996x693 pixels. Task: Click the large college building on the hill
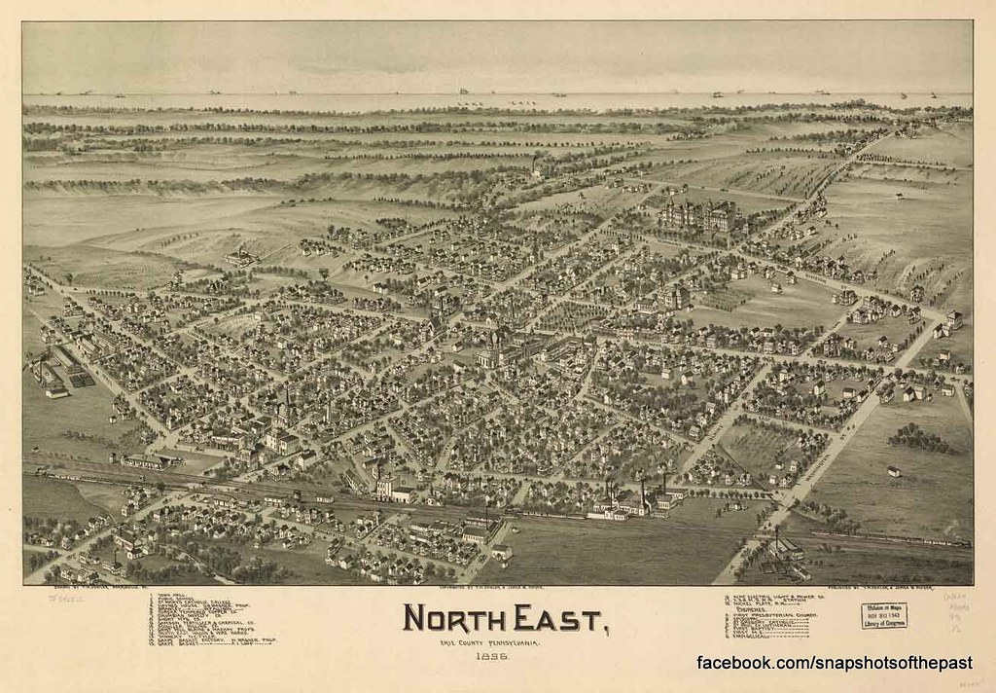click(x=698, y=215)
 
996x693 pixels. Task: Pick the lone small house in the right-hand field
click(x=893, y=471)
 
